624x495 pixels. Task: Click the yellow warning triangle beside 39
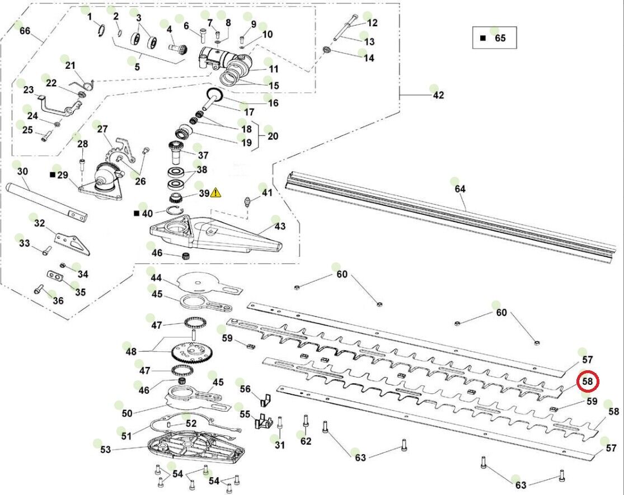point(216,193)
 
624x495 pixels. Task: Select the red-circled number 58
point(588,381)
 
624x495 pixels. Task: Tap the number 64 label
point(459,189)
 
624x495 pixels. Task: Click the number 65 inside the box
point(500,38)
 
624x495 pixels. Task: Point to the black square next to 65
point(483,38)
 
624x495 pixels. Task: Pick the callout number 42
point(438,95)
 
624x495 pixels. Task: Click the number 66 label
point(25,31)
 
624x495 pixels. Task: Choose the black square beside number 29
point(53,175)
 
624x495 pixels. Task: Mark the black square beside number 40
point(136,214)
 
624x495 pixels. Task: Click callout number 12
point(372,23)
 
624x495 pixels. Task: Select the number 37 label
point(202,155)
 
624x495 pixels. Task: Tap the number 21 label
point(70,65)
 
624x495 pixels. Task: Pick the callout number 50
point(127,413)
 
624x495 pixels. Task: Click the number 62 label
point(306,441)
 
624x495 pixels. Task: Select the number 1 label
point(89,17)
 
